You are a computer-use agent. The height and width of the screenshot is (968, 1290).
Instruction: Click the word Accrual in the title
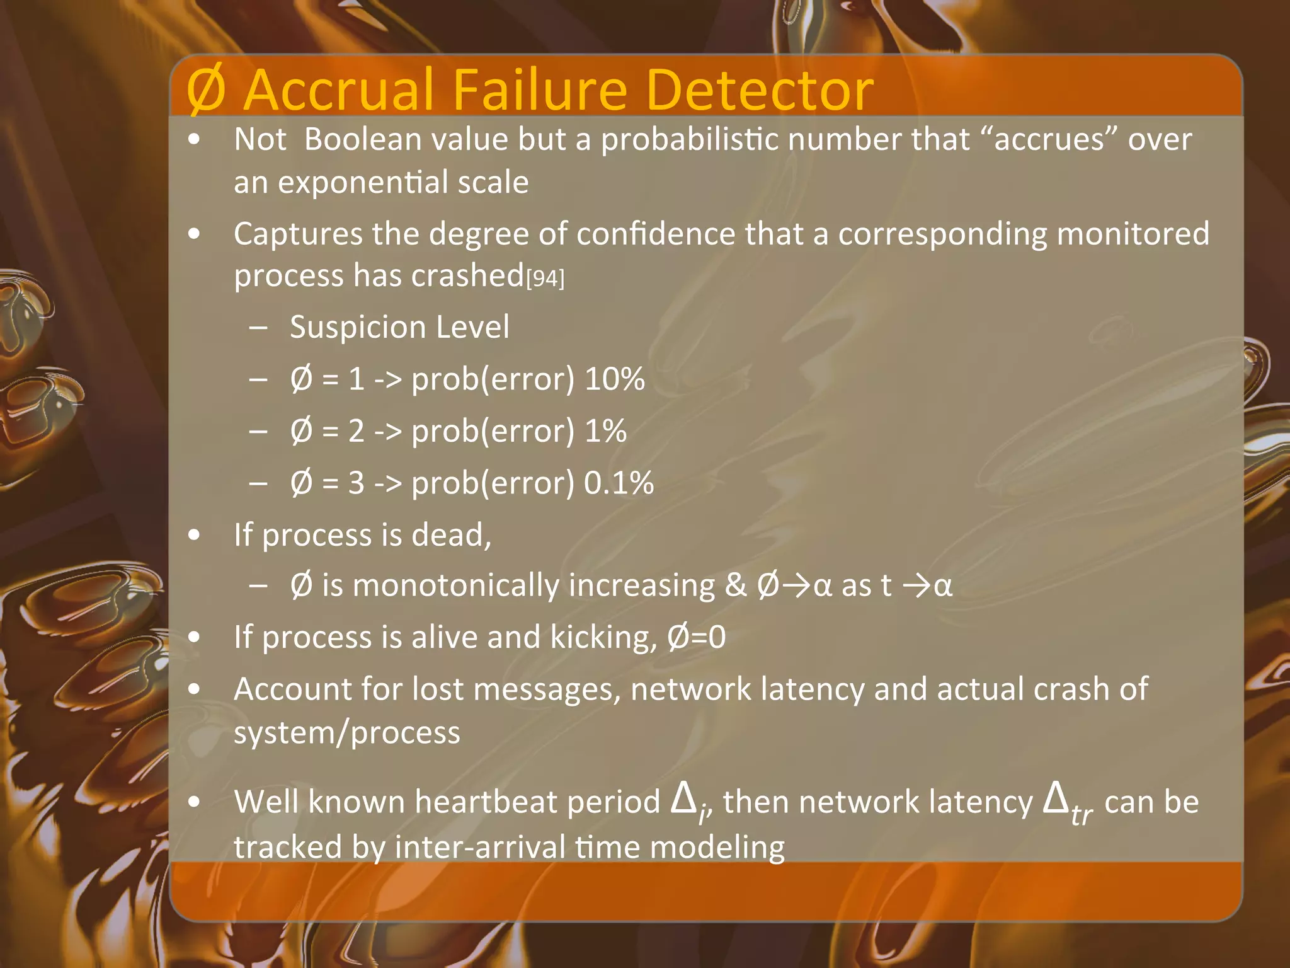(x=339, y=89)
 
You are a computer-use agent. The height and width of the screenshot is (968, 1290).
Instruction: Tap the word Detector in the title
(x=759, y=89)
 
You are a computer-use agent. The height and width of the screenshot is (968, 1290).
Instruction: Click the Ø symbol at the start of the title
(x=206, y=91)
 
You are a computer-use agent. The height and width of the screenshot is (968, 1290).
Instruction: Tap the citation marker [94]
(x=545, y=278)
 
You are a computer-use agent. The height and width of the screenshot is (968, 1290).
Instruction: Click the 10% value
(x=615, y=379)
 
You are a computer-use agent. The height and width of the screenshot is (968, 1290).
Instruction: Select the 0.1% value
(x=619, y=483)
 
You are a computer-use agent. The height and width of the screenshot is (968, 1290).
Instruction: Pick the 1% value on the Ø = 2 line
(x=605, y=432)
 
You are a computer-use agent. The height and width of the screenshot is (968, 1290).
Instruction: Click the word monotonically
(x=455, y=585)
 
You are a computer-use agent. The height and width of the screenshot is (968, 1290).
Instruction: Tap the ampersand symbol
(x=735, y=585)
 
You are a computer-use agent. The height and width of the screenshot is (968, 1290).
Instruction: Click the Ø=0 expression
(x=696, y=637)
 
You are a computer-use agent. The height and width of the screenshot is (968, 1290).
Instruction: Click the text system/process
(x=347, y=733)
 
